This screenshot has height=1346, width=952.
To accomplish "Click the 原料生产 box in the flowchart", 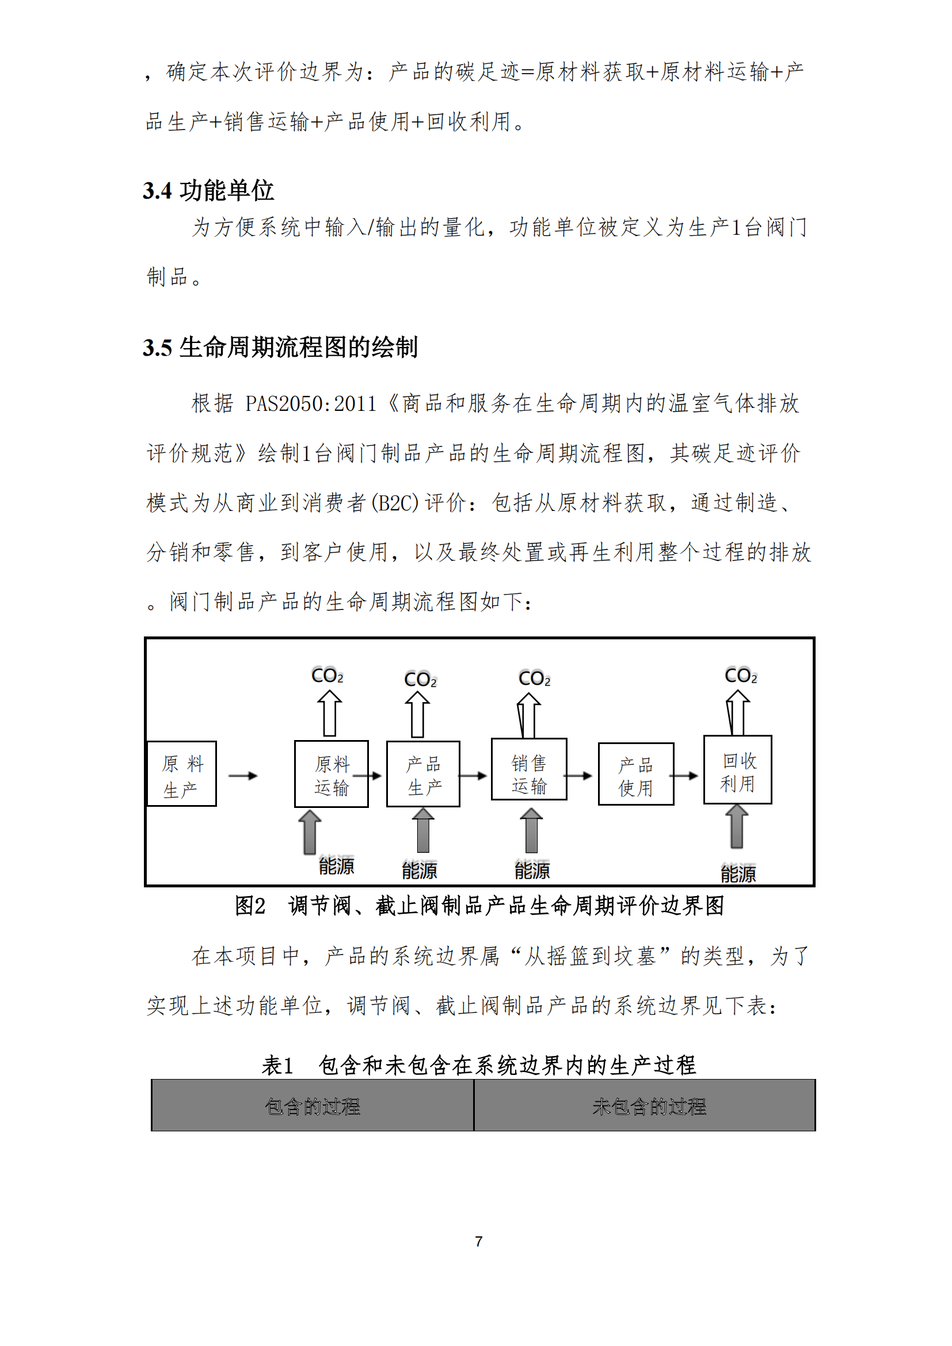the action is (182, 773).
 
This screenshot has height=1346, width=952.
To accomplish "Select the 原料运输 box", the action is (331, 774).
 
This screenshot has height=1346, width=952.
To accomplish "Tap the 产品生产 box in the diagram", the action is (423, 774).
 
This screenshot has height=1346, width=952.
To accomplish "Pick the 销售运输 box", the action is (529, 769).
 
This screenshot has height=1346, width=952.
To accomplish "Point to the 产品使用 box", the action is (636, 774).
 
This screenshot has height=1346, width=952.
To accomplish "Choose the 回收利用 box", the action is (737, 770).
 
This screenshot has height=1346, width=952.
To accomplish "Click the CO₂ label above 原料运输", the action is (327, 676).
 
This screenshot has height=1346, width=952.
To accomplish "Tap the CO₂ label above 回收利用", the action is (741, 676).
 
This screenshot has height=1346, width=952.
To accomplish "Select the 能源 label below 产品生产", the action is (420, 871).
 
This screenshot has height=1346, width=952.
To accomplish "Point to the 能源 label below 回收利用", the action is (738, 874).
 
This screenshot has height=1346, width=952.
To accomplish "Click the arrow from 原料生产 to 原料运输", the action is (243, 776).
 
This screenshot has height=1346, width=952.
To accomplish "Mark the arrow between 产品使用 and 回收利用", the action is (684, 776).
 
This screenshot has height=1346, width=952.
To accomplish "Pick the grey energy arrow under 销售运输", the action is (531, 830).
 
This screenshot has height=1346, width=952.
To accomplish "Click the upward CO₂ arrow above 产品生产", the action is (417, 714).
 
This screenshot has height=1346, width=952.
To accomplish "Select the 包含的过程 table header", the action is (313, 1106).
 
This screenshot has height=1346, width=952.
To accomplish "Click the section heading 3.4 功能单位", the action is (208, 190).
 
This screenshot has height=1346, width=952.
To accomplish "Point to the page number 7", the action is (478, 1241).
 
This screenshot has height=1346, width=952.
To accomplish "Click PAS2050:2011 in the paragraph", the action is (311, 404).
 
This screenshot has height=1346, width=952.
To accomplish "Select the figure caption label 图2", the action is (250, 906).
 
